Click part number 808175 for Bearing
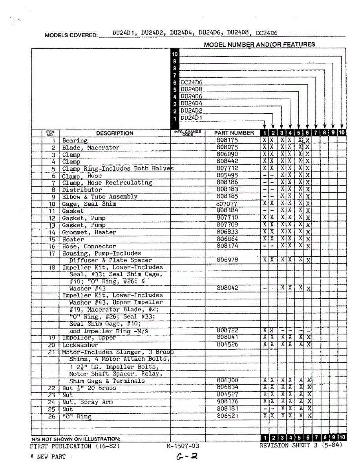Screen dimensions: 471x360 227,140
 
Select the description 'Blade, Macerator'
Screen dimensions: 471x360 91,148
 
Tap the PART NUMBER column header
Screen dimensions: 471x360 234,133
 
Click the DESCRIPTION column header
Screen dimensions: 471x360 115,133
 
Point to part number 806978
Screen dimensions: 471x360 227,260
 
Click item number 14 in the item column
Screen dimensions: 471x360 52,232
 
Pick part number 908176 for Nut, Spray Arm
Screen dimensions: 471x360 227,402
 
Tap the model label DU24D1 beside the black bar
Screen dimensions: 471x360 192,118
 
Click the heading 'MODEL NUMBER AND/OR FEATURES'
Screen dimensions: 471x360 259,45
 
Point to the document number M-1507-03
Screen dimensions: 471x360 183,446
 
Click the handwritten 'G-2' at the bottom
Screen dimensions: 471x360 187,457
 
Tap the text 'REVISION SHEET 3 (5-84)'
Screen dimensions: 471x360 301,445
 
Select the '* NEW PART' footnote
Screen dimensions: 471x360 48,457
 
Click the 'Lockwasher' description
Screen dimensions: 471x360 80,345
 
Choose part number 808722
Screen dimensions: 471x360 227,330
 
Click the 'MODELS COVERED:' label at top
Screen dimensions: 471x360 71,35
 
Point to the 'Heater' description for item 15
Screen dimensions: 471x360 73,239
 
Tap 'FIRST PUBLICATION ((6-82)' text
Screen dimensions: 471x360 75,446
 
